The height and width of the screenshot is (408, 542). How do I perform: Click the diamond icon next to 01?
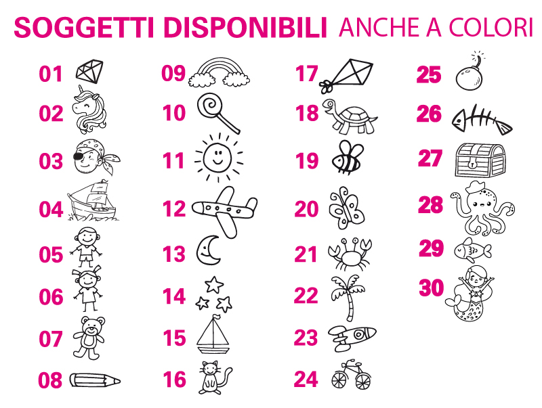click(89, 72)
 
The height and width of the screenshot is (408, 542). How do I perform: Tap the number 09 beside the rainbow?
click(173, 73)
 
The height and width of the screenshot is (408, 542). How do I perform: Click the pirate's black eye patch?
click(79, 156)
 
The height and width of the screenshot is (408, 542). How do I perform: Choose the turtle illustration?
click(350, 116)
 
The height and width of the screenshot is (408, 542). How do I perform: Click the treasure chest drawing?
click(480, 160)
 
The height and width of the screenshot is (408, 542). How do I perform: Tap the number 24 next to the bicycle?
click(306, 379)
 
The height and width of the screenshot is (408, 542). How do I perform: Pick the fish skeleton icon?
click(482, 120)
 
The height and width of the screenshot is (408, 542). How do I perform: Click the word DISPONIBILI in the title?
click(245, 27)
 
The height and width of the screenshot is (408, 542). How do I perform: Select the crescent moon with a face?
click(209, 250)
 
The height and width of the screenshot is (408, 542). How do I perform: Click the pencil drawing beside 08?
click(95, 380)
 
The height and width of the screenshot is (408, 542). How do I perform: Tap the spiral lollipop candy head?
click(210, 105)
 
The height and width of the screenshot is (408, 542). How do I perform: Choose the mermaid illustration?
click(470, 294)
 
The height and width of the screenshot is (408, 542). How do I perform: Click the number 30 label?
click(431, 288)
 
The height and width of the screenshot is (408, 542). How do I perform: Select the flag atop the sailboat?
click(215, 317)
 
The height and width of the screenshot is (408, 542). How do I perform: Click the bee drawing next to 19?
click(348, 157)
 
